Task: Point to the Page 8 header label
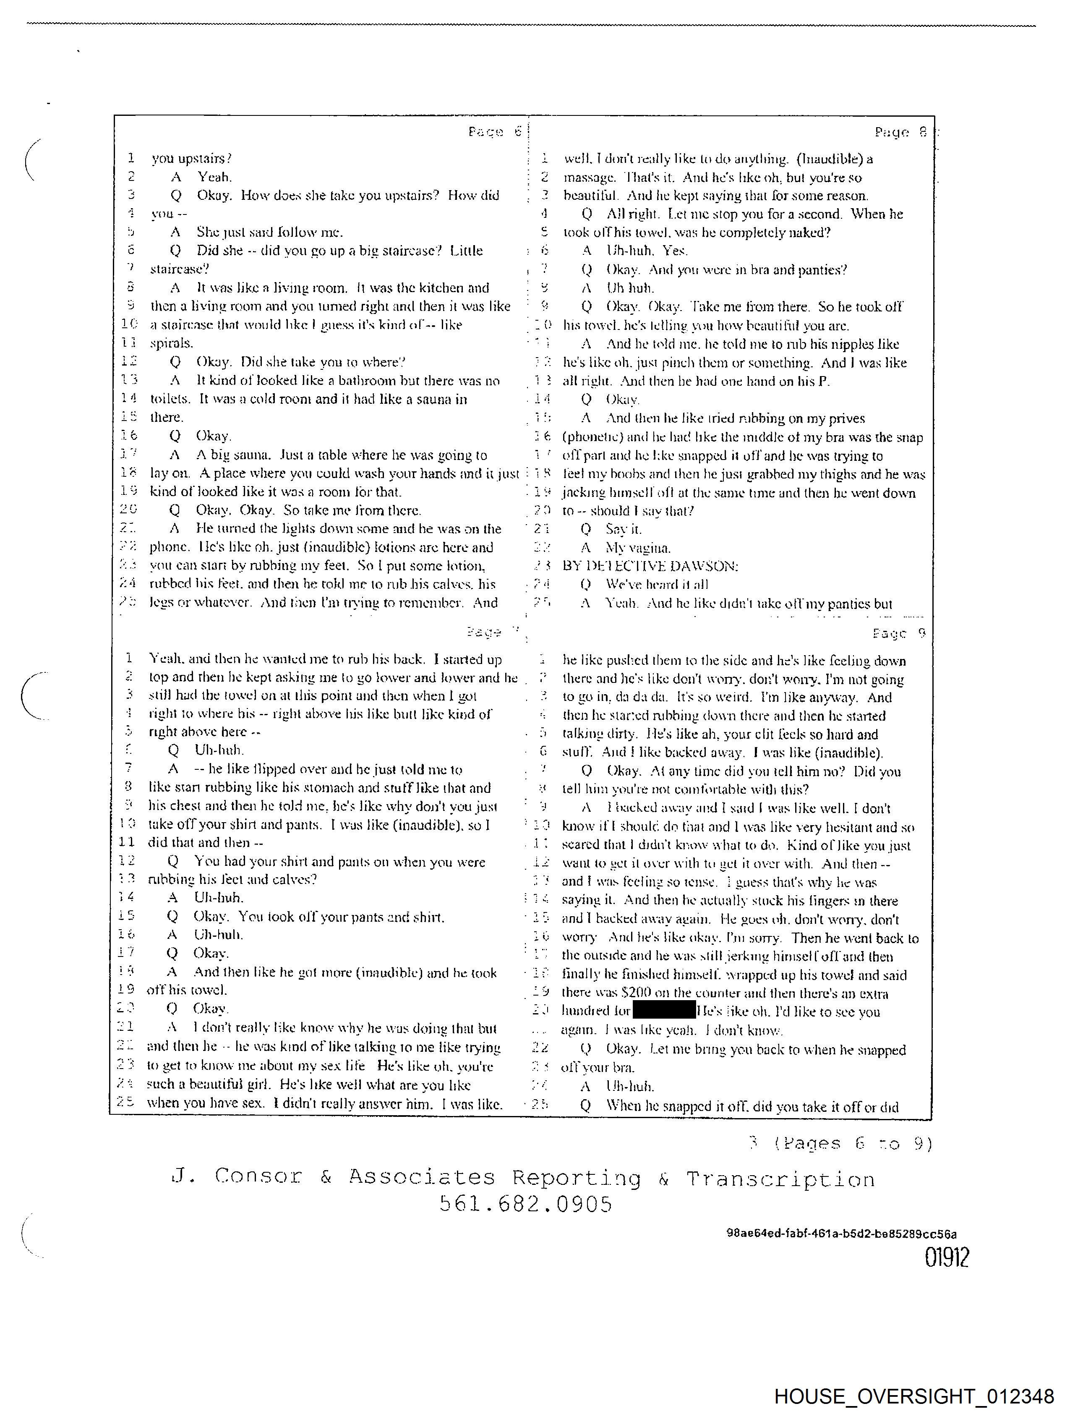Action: point(900,132)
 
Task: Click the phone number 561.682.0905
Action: point(525,1204)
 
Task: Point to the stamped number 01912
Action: point(947,1258)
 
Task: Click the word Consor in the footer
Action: point(258,1176)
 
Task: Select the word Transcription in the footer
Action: point(780,1178)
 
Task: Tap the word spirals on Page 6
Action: point(171,344)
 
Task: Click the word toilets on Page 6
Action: point(170,399)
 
